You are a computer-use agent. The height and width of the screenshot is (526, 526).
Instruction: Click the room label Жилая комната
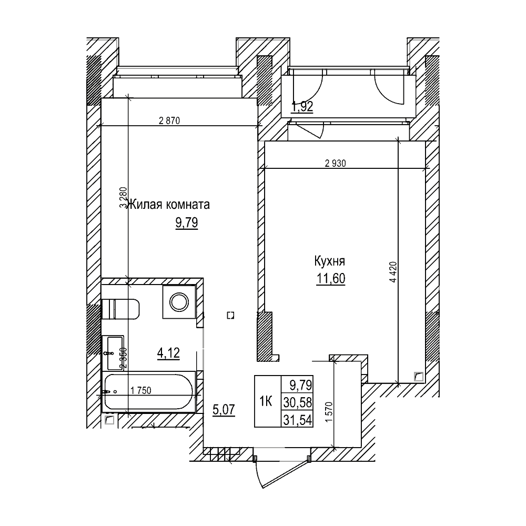point(169,204)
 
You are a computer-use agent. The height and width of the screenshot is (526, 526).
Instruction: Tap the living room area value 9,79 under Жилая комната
point(186,224)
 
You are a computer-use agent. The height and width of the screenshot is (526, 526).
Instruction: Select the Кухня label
point(329,261)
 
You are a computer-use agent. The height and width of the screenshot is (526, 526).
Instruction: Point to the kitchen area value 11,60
point(330,279)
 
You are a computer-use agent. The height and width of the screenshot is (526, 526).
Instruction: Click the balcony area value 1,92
point(302,107)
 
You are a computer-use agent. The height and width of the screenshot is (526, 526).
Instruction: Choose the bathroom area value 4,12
point(168,352)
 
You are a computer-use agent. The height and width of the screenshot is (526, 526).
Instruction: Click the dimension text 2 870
point(169,120)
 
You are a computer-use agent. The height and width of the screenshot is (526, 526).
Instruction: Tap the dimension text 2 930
point(335,164)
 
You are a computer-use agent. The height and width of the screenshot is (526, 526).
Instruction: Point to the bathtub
point(150,392)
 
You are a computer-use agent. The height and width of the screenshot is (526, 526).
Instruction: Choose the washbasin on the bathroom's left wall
point(113,353)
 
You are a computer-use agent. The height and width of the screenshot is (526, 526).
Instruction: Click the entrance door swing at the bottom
point(274,473)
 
